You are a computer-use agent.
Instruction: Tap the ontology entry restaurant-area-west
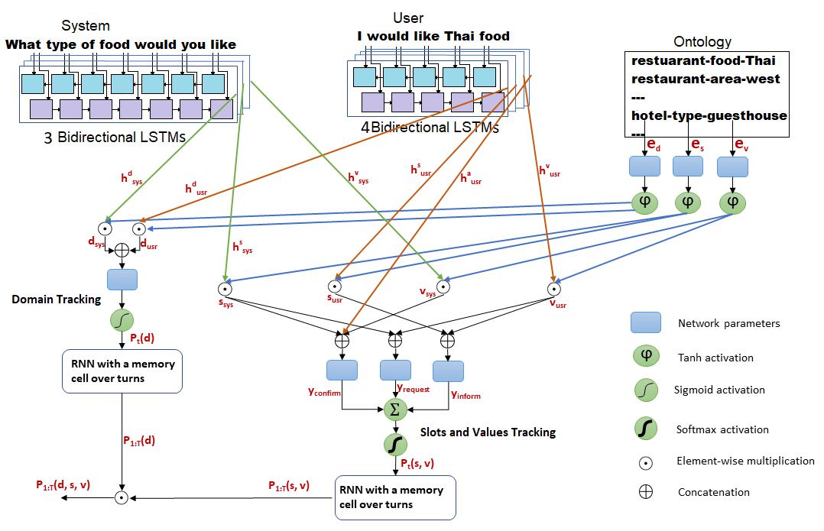706,79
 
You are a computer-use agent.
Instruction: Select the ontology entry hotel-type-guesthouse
709,115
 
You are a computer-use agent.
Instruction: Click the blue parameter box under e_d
645,166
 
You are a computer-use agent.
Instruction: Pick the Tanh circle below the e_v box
732,202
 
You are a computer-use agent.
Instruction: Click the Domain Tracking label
57,299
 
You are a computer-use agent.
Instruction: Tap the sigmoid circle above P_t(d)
122,320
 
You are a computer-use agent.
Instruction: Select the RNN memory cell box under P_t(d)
122,371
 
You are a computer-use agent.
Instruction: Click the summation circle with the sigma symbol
395,410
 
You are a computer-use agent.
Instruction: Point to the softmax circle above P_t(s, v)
395,445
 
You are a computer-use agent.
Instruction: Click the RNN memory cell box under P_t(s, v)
395,497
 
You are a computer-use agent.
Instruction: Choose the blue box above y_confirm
342,371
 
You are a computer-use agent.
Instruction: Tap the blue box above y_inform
448,371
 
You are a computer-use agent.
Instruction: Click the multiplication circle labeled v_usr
554,289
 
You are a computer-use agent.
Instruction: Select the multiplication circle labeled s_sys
225,288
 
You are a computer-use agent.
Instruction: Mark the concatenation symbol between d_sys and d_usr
122,250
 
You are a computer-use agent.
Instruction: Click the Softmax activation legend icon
646,429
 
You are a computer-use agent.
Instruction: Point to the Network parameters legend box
646,322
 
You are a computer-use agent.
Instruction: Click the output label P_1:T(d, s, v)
63,485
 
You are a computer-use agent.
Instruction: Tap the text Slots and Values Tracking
488,432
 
